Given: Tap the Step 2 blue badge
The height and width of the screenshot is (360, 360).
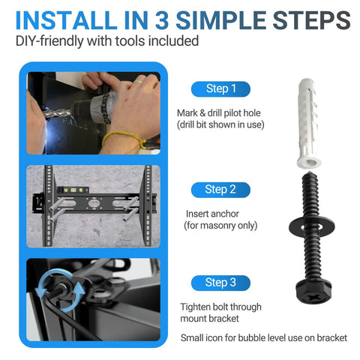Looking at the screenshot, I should coord(220,189).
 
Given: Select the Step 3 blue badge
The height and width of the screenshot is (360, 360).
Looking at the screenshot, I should coord(220,282).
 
